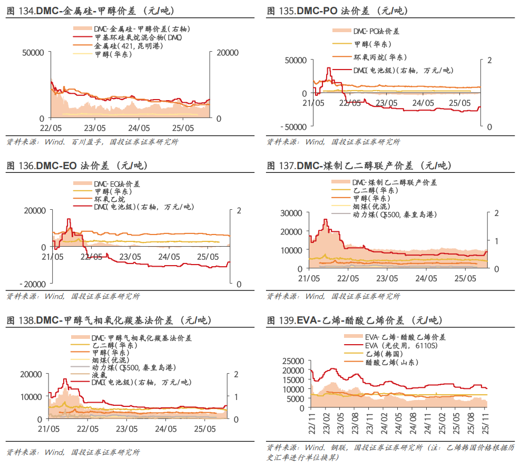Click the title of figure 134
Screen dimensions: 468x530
90,11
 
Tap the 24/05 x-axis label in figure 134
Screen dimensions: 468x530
138,128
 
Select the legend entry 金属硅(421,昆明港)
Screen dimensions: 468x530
129,47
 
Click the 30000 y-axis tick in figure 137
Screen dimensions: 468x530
291,213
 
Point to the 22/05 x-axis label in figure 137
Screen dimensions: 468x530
349,278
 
